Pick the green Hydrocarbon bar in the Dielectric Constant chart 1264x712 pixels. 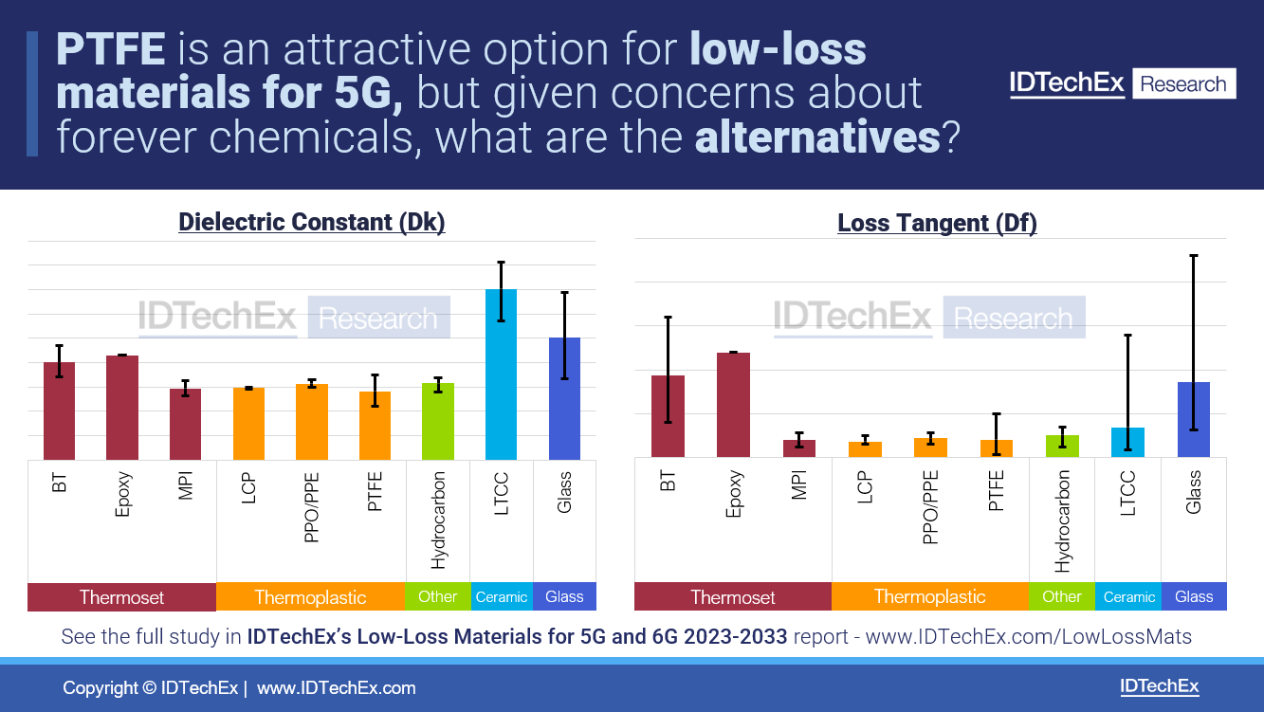[438, 422]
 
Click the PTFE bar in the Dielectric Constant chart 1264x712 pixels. [375, 426]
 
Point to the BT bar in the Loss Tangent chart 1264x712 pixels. [668, 416]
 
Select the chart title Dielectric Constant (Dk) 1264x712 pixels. [311, 222]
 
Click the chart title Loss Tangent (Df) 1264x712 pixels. [937, 223]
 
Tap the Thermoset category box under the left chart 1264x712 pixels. [121, 597]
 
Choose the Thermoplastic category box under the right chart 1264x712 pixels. [929, 596]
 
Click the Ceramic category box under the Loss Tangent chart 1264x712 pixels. [1128, 596]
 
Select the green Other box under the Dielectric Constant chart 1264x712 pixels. [437, 596]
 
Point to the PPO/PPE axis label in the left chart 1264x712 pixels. [311, 506]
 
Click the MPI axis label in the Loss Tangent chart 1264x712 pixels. [798, 484]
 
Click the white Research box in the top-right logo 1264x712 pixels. [1182, 84]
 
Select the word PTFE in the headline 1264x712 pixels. [111, 48]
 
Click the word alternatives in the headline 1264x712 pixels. [816, 138]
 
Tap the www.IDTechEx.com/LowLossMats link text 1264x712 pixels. [1028, 637]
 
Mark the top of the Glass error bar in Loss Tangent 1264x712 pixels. [1193, 256]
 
